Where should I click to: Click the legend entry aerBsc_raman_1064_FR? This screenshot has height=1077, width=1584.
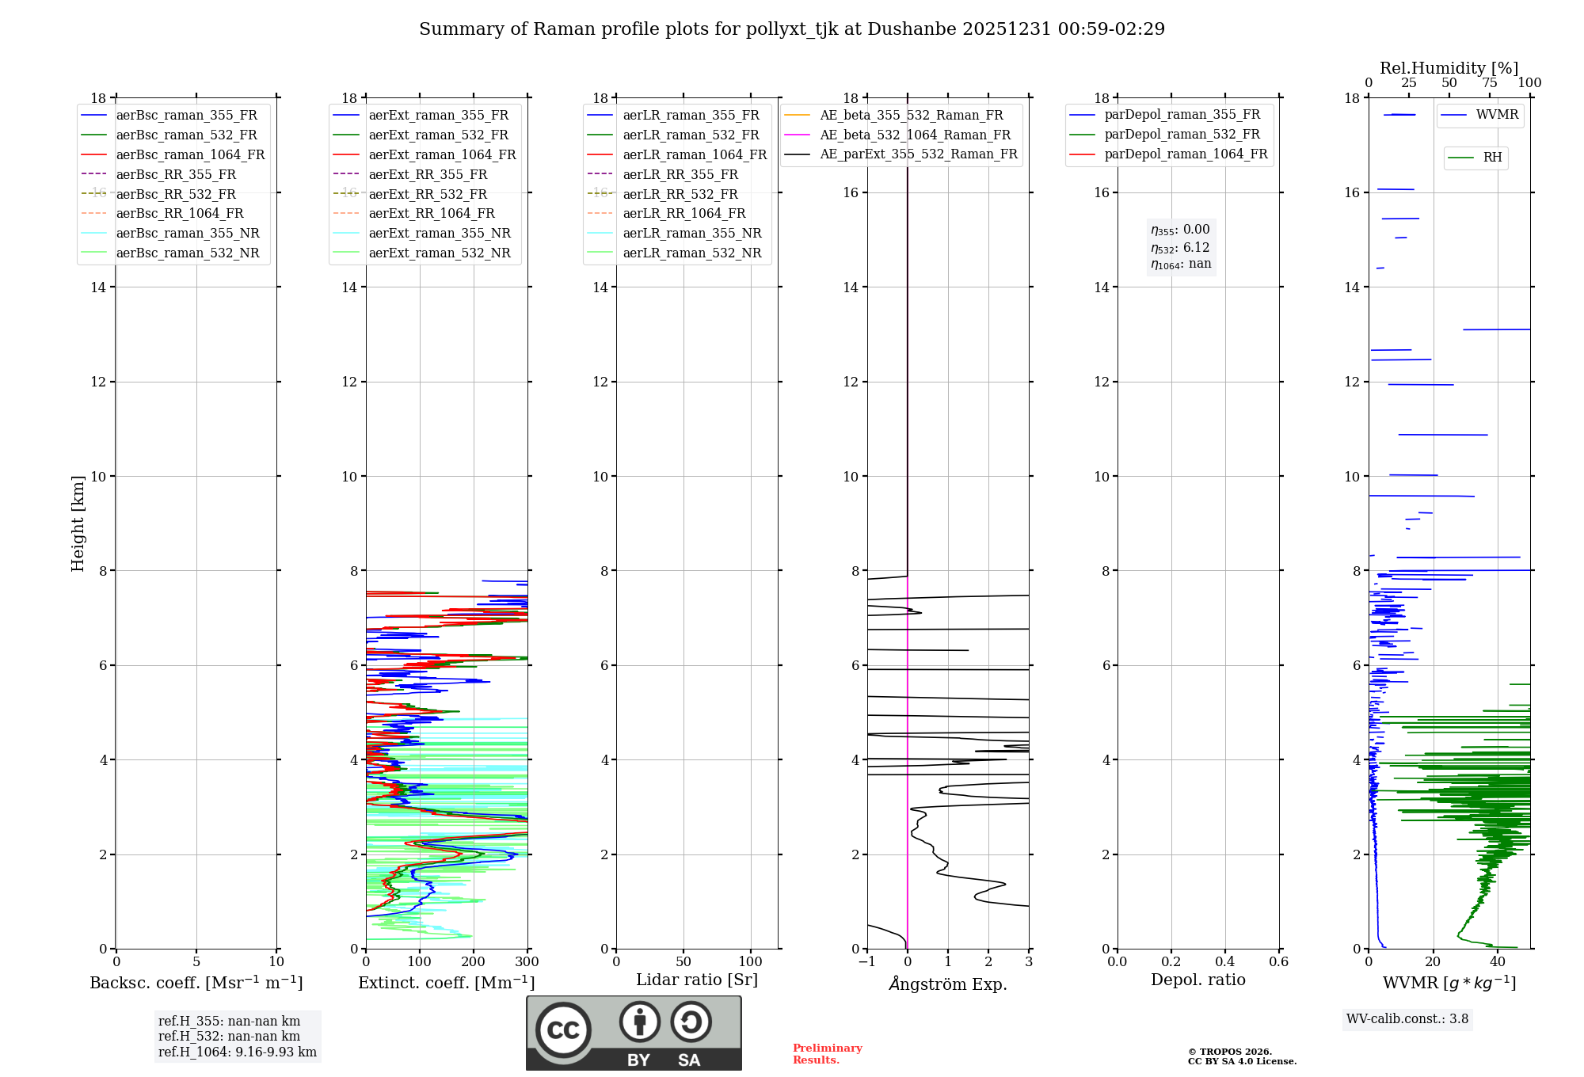point(190,154)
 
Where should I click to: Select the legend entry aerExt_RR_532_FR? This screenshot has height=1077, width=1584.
point(428,194)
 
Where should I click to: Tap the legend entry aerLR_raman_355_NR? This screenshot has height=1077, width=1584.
point(691,233)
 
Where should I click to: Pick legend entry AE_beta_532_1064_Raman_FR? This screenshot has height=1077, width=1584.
point(915,135)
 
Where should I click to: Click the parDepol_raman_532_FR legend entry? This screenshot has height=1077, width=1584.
point(1182,135)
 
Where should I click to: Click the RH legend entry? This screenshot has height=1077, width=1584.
point(1492,158)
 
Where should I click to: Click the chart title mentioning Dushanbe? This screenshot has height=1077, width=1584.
point(792,29)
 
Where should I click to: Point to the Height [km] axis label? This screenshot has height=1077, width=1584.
point(78,523)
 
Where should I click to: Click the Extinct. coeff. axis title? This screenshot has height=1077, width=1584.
point(447,983)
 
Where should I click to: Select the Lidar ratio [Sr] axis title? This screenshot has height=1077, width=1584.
point(697,980)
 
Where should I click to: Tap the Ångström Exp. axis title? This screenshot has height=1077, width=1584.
point(948,984)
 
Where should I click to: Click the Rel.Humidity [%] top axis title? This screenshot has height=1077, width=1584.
point(1449,68)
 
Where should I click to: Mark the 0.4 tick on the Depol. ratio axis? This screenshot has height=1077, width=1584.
point(1224,962)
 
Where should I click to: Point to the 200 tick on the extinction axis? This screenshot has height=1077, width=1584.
point(473,962)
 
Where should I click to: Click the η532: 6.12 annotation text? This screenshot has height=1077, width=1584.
point(1180,248)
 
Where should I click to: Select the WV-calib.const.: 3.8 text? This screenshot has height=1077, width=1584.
point(1407,1019)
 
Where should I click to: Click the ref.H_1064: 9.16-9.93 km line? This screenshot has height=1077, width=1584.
point(237,1052)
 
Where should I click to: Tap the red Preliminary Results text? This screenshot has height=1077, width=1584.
point(827,1054)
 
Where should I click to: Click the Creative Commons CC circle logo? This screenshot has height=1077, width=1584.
point(563,1030)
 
